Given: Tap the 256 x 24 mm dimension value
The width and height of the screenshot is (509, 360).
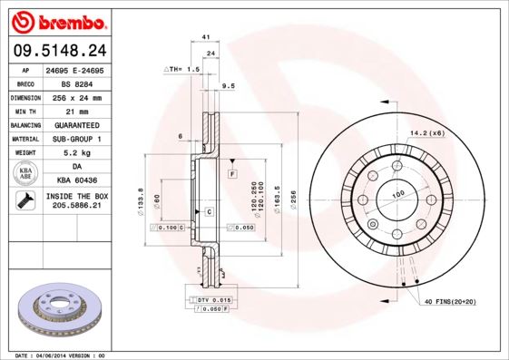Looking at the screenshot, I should point(76,96).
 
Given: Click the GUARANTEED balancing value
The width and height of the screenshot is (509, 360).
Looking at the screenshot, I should point(76,123).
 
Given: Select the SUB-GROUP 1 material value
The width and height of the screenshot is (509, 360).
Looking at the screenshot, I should point(76,138).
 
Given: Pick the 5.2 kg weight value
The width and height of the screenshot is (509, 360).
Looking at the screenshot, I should point(76,152).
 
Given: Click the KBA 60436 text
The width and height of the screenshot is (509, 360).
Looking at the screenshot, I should point(76,180).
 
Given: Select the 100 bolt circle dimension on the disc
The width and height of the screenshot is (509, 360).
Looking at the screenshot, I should point(396,195).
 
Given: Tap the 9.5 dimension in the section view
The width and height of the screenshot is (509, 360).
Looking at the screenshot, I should point(229,85).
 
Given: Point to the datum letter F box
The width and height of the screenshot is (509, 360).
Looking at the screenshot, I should point(232,172).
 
